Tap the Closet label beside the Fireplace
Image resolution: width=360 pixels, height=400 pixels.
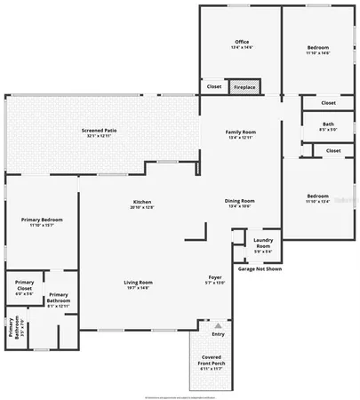(x=214, y=86)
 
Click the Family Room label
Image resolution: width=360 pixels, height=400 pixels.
(x=240, y=132)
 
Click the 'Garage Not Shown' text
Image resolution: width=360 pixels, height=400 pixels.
(x=260, y=268)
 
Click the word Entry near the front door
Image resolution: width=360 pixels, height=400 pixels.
(x=218, y=333)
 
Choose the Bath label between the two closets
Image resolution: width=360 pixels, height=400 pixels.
(x=328, y=124)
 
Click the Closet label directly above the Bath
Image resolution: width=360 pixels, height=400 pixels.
(x=329, y=102)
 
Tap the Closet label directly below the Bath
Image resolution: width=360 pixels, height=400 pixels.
(x=333, y=150)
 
